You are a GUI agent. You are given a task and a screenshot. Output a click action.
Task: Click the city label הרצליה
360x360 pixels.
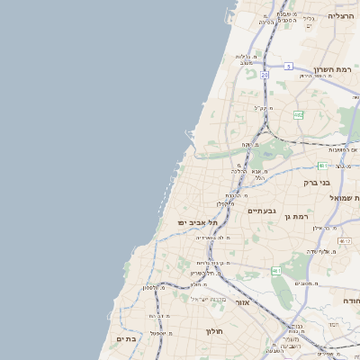pos(342,16)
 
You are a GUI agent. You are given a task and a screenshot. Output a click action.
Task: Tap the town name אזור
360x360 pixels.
pos(242,302)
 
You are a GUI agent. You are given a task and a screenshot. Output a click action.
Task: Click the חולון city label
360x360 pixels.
pos(214,331)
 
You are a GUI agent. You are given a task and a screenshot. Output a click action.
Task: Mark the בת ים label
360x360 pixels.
pos(125,338)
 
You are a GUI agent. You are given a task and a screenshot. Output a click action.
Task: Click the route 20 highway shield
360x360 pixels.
pos(265,76)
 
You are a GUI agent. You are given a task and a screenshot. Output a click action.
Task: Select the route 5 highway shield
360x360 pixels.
pos(288,67)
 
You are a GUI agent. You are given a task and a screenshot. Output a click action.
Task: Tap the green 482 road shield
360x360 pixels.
pos(298,114)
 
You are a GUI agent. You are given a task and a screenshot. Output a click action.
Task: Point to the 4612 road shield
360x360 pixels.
pos(345,241)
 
